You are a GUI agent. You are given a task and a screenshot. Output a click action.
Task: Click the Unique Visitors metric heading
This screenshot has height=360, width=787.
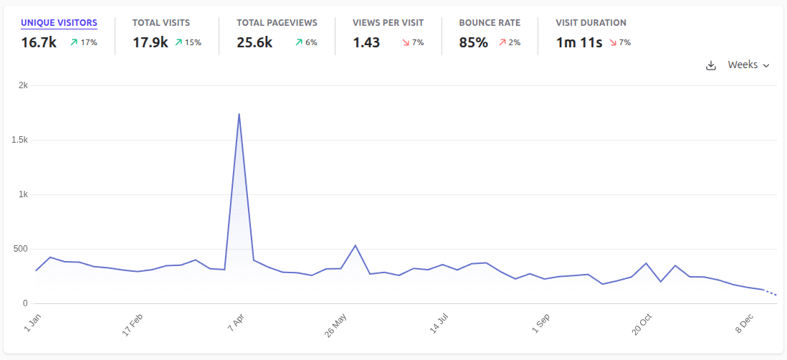click(x=59, y=23)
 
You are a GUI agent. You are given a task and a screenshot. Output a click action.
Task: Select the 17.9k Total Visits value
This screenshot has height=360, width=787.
click(x=150, y=42)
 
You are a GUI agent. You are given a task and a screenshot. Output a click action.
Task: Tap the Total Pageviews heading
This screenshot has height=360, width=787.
click(x=277, y=23)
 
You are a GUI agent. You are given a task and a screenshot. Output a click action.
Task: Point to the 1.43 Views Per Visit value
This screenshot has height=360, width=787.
click(x=366, y=42)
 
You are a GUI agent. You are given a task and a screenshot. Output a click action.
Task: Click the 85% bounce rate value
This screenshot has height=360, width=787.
click(x=473, y=42)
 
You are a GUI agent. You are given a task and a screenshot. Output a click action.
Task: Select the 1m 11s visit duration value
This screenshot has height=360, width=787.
click(x=579, y=42)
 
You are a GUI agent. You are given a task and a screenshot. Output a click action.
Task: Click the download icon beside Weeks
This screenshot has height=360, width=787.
click(x=711, y=65)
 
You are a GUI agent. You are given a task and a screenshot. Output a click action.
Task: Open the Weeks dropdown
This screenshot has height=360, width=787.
click(x=748, y=65)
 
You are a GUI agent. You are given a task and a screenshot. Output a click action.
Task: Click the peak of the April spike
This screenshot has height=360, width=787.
click(x=239, y=114)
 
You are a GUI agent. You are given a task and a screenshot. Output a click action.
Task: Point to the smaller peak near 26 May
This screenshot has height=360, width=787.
click(x=356, y=245)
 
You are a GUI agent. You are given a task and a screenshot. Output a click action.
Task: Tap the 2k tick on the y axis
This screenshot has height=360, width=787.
click(x=23, y=85)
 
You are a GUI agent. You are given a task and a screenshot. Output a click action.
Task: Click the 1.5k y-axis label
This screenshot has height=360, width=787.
click(x=19, y=140)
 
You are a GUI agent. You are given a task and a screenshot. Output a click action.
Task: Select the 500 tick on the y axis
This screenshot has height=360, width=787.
click(x=19, y=249)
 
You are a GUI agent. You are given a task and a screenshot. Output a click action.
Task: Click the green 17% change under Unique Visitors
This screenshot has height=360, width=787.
click(x=84, y=43)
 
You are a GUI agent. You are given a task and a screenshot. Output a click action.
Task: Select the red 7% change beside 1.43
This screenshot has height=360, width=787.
click(x=412, y=43)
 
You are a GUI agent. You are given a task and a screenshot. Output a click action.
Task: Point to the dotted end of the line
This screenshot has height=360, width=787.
click(x=771, y=293)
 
